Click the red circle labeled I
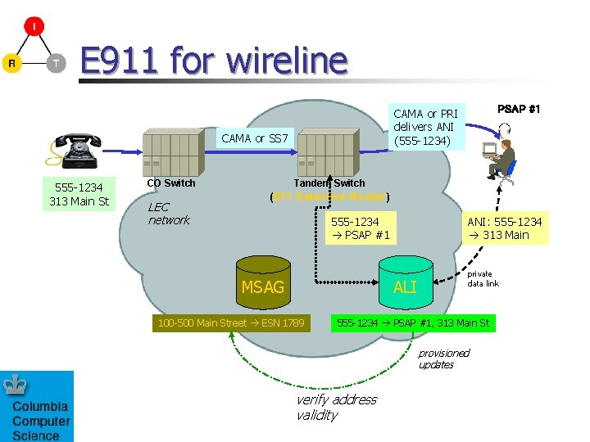[34, 26]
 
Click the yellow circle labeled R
[11, 64]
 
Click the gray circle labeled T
[55, 64]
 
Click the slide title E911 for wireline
[214, 61]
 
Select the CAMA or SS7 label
[255, 138]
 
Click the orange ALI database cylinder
[405, 282]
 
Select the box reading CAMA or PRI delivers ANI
[425, 128]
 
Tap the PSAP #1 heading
[519, 109]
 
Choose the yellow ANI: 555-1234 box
[504, 228]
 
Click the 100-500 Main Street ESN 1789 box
[231, 323]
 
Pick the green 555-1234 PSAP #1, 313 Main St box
[413, 323]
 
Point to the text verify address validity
[336, 407]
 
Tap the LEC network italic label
[169, 214]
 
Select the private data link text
[483, 279]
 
